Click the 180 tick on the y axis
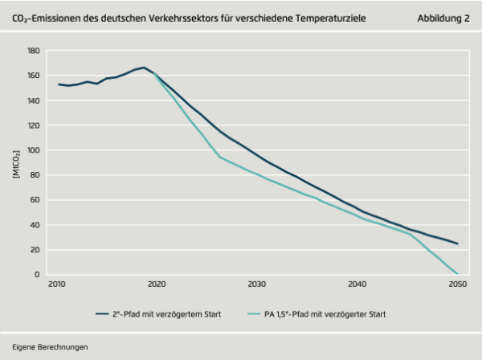pos(33,50)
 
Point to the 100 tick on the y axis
pos(33,150)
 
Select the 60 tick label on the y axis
pos(35,200)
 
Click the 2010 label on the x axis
pos(56,285)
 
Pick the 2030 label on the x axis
pos(257,285)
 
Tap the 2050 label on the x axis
pos(458,285)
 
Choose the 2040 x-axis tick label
pos(357,285)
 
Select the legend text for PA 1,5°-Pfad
pos(325,314)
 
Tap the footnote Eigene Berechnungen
pos(50,346)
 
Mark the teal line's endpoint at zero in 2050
pos(457,274)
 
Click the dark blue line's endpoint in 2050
pos(457,243)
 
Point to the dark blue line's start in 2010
pos(58,84)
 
